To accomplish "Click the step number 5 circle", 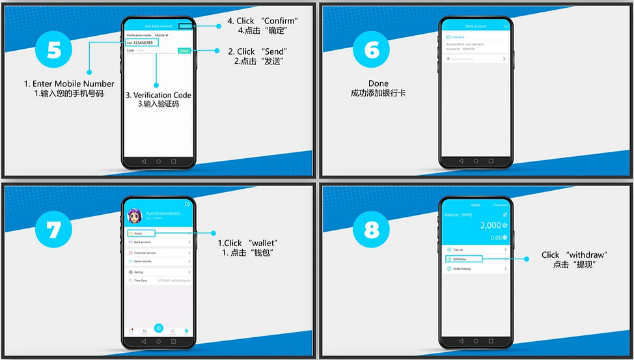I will point(55,50).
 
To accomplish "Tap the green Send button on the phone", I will point(184,50).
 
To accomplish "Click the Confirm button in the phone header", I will point(186,26).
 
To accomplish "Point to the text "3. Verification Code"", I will point(158,95).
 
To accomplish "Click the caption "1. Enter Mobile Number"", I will point(69,83).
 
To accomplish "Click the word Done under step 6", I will point(378,83).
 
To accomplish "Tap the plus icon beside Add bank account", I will point(448,59).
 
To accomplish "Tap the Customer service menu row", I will point(158,252).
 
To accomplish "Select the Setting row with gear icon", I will point(158,271).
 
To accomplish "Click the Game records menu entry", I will point(158,261).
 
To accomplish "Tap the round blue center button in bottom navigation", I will point(158,329).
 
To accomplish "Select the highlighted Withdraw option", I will point(463,258).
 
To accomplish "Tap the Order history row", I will point(476,268).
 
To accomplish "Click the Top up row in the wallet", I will point(476,249).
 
